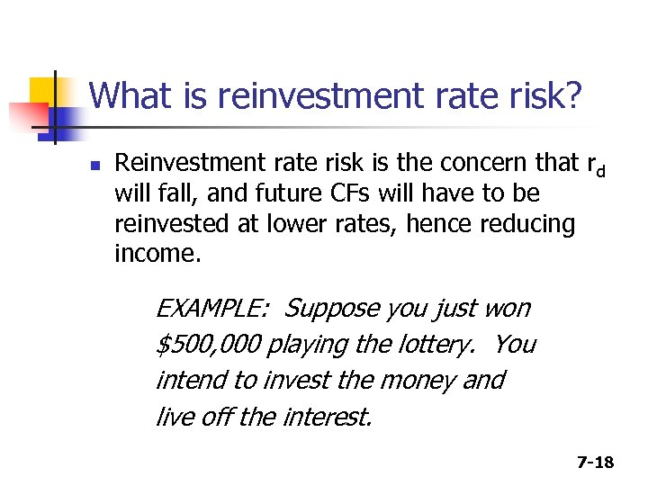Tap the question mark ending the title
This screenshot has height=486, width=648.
[x=571, y=96]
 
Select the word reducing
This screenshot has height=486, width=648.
[x=525, y=224]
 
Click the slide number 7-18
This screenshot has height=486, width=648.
[x=595, y=463]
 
